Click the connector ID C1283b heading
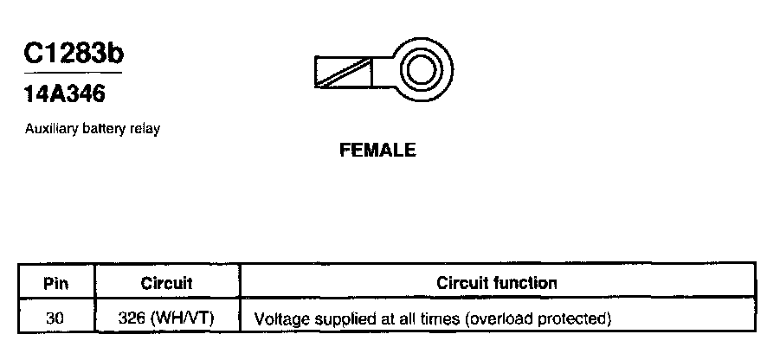coord(74,54)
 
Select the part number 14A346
coord(65,93)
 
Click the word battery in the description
coord(105,129)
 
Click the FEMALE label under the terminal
coord(377,151)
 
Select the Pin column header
coord(56,283)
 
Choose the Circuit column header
coord(166,283)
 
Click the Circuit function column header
coord(497,283)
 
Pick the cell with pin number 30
coord(56,318)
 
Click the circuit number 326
coord(132,318)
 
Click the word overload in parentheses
coord(498,319)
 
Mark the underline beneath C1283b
coord(74,72)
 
